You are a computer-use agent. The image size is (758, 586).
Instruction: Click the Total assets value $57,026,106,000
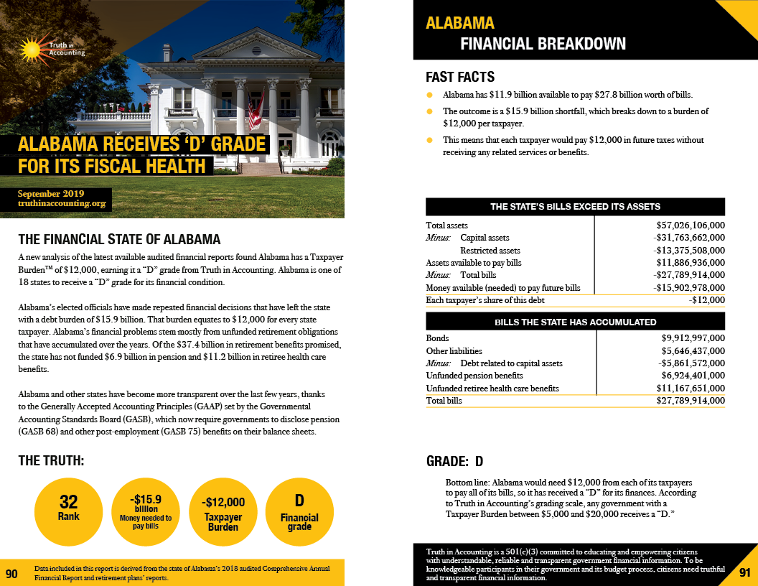(686, 225)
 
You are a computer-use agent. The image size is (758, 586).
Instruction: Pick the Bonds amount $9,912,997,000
(693, 338)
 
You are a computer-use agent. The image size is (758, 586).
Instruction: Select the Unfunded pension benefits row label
(474, 376)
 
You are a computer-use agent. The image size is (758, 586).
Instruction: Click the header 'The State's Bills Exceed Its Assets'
(575, 207)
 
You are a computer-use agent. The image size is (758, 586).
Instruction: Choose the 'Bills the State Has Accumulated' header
(575, 322)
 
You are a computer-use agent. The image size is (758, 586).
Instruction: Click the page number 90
(11, 574)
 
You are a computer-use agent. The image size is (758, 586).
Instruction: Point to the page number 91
(744, 572)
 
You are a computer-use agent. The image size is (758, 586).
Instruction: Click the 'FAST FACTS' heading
(460, 78)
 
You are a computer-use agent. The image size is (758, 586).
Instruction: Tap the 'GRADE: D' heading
(455, 460)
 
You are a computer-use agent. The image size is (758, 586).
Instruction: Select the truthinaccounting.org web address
(62, 204)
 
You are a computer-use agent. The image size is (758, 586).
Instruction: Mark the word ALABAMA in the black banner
(460, 23)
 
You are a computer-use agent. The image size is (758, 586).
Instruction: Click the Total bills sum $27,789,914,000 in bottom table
(691, 401)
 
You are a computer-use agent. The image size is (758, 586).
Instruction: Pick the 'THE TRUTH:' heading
(52, 461)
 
